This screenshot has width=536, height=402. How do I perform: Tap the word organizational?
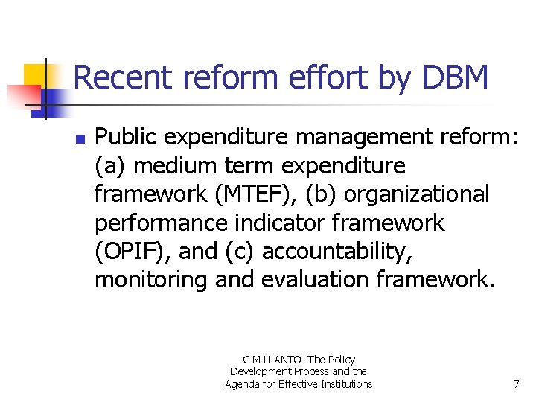pos(417,194)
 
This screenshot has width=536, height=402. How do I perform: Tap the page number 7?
pos(516,384)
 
